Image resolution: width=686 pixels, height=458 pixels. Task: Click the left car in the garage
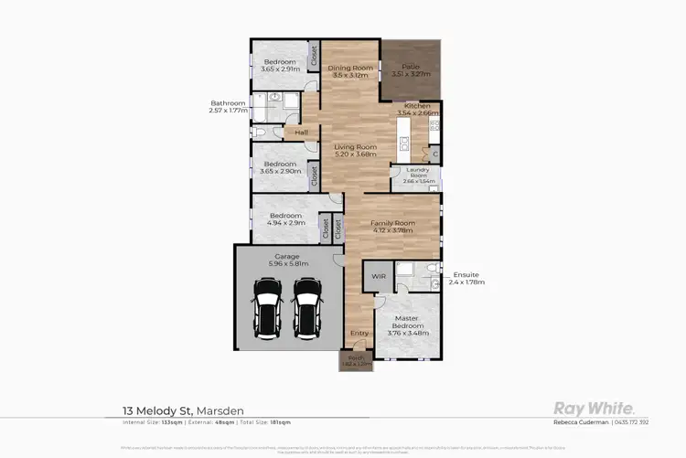(267, 305)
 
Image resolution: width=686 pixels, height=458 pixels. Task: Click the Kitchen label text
(417, 107)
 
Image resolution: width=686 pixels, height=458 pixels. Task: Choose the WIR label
(378, 275)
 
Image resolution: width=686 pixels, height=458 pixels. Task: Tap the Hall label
(301, 133)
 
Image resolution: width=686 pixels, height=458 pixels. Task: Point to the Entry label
(359, 333)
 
